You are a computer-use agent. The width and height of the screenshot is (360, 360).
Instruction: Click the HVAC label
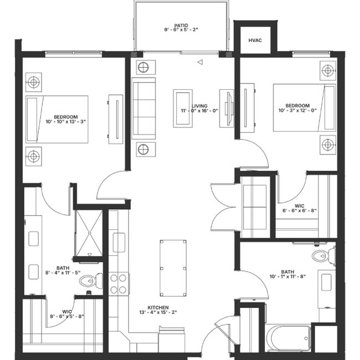tap(255, 40)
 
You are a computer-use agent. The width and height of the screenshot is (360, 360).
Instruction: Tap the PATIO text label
tap(181, 25)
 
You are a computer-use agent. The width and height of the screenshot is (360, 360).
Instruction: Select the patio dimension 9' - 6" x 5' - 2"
tap(181, 32)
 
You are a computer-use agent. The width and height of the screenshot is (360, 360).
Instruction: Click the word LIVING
tap(199, 105)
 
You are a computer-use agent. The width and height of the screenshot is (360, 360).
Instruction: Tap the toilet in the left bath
tap(89, 281)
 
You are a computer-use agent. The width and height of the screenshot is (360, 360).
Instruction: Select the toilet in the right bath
tap(322, 256)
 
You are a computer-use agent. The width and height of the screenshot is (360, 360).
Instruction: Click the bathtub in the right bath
tap(289, 337)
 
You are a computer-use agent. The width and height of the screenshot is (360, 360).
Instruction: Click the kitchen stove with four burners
tap(118, 283)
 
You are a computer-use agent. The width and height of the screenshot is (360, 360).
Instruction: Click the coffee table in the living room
tap(182, 108)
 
